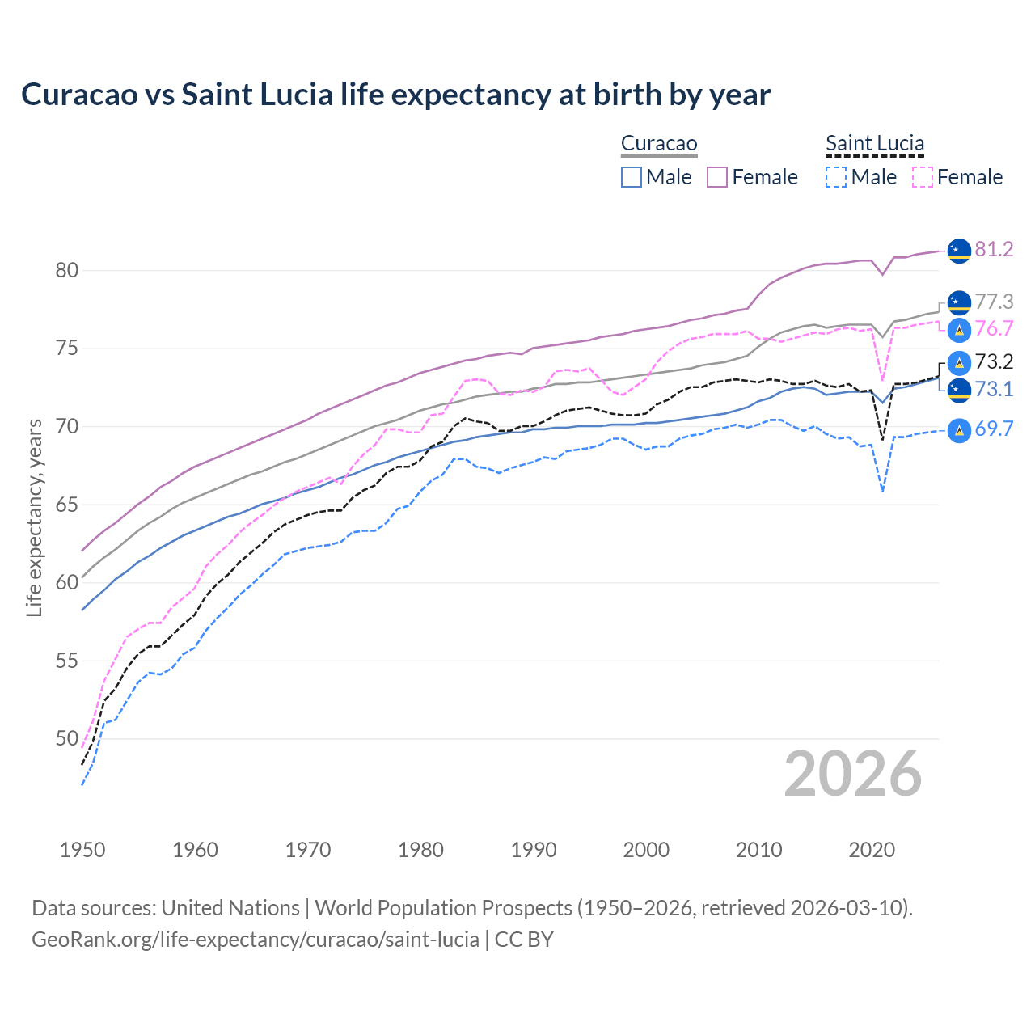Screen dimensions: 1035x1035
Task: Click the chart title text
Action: click(x=395, y=95)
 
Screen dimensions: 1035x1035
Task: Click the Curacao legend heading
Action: click(x=658, y=144)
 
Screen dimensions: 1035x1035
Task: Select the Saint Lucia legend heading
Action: click(x=874, y=144)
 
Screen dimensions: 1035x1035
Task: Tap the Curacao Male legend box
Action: click(x=632, y=177)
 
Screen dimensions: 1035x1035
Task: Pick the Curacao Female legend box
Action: click(x=717, y=177)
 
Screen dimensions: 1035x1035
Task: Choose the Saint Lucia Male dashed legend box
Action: click(x=836, y=177)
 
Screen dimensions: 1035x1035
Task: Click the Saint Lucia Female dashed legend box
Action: click(x=922, y=177)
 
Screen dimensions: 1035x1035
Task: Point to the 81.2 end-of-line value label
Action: click(x=994, y=250)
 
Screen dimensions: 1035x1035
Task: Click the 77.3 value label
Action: click(x=994, y=302)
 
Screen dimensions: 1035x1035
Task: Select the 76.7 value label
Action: click(x=994, y=329)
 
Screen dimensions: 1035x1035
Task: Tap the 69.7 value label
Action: click(x=994, y=429)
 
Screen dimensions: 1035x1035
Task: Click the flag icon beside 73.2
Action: click(x=959, y=362)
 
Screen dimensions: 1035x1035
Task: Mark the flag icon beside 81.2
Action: click(x=959, y=251)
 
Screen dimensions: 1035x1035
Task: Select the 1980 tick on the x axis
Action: click(x=420, y=850)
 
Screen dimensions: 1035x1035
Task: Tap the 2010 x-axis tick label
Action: click(x=758, y=850)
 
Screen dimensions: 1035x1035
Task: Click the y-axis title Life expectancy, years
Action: click(x=34, y=517)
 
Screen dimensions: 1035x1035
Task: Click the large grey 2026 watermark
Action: click(x=853, y=775)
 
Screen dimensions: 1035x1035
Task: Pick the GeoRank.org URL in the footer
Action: click(x=256, y=940)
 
